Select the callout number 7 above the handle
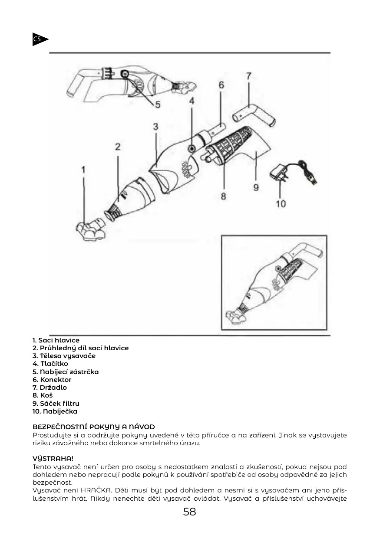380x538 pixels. click(x=248, y=76)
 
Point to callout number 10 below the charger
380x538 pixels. click(x=281, y=203)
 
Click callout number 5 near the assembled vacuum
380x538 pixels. click(x=158, y=104)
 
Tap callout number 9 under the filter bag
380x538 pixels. click(x=256, y=187)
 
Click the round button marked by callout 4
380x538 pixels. click(x=192, y=149)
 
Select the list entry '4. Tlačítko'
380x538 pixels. click(x=50, y=364)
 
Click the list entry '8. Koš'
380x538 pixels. click(x=43, y=395)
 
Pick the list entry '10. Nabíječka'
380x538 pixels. click(x=55, y=411)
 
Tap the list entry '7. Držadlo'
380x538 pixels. click(x=50, y=388)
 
